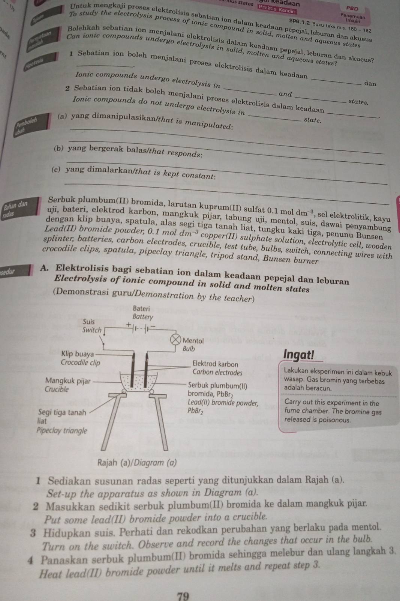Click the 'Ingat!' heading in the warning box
point(299,355)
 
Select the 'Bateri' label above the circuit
point(141,309)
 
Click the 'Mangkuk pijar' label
point(68,381)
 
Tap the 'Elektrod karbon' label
point(215,364)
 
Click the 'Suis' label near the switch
point(89,322)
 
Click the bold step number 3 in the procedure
point(34,533)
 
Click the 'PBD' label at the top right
point(352,8)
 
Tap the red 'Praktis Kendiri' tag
point(278,7)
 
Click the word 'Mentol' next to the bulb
point(193,341)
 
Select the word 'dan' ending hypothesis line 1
point(370,84)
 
